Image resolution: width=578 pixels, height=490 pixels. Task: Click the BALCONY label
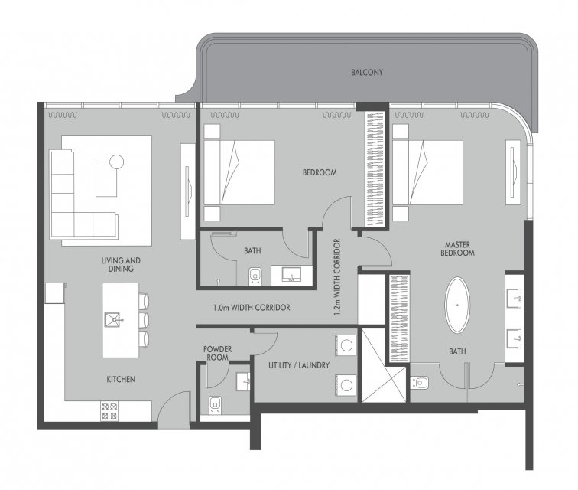point(367,73)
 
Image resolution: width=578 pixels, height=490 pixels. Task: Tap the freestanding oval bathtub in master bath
point(457,305)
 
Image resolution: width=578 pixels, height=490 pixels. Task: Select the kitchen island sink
point(112,320)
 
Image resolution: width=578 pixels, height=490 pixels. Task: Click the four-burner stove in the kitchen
point(109,411)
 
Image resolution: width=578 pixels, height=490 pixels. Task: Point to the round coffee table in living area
point(116,162)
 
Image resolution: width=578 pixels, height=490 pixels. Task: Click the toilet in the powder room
point(216,406)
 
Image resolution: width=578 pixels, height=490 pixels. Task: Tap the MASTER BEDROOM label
point(457,249)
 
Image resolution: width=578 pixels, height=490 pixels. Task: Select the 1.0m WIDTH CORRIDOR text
point(252,308)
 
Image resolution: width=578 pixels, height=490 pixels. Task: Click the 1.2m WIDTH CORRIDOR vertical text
point(337,277)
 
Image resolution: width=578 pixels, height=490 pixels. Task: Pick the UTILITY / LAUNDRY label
point(299,365)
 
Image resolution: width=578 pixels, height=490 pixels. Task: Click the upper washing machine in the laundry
point(346,345)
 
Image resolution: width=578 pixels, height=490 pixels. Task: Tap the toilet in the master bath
point(420,383)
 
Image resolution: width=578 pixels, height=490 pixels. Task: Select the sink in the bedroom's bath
point(291,275)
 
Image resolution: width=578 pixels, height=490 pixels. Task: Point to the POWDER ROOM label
point(217,354)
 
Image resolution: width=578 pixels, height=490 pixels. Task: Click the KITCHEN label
point(121,379)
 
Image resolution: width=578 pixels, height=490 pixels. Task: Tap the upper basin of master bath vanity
point(515,298)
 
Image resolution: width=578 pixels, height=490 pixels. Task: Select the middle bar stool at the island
point(144,320)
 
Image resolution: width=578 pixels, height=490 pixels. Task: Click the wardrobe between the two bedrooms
point(375,168)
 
